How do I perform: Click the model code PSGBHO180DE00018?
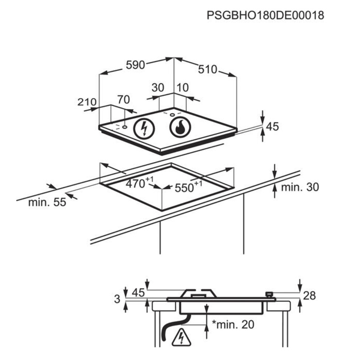pyautogui.click(x=266, y=16)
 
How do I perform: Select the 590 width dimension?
pyautogui.click(x=135, y=65)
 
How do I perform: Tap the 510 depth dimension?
pyautogui.click(x=208, y=70)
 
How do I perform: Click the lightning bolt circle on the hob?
pyautogui.click(x=144, y=128)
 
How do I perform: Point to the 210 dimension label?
pyautogui.click(x=87, y=102)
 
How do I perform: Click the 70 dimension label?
pyautogui.click(x=124, y=100)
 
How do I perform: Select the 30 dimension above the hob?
pyautogui.click(x=158, y=88)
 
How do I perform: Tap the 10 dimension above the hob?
pyautogui.click(x=183, y=88)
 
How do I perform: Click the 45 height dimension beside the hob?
pyautogui.click(x=272, y=126)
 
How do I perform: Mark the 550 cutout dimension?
pyautogui.click(x=188, y=187)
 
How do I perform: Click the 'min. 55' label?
pyautogui.click(x=47, y=202)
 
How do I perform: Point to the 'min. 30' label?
pyautogui.click(x=300, y=187)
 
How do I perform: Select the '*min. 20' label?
pyautogui.click(x=233, y=324)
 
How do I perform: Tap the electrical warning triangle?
pyautogui.click(x=181, y=338)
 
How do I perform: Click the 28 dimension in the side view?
pyautogui.click(x=309, y=295)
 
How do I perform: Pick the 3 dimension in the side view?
pyautogui.click(x=117, y=299)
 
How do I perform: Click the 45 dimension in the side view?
pyautogui.click(x=139, y=293)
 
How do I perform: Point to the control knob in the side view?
pyautogui.click(x=269, y=294)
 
